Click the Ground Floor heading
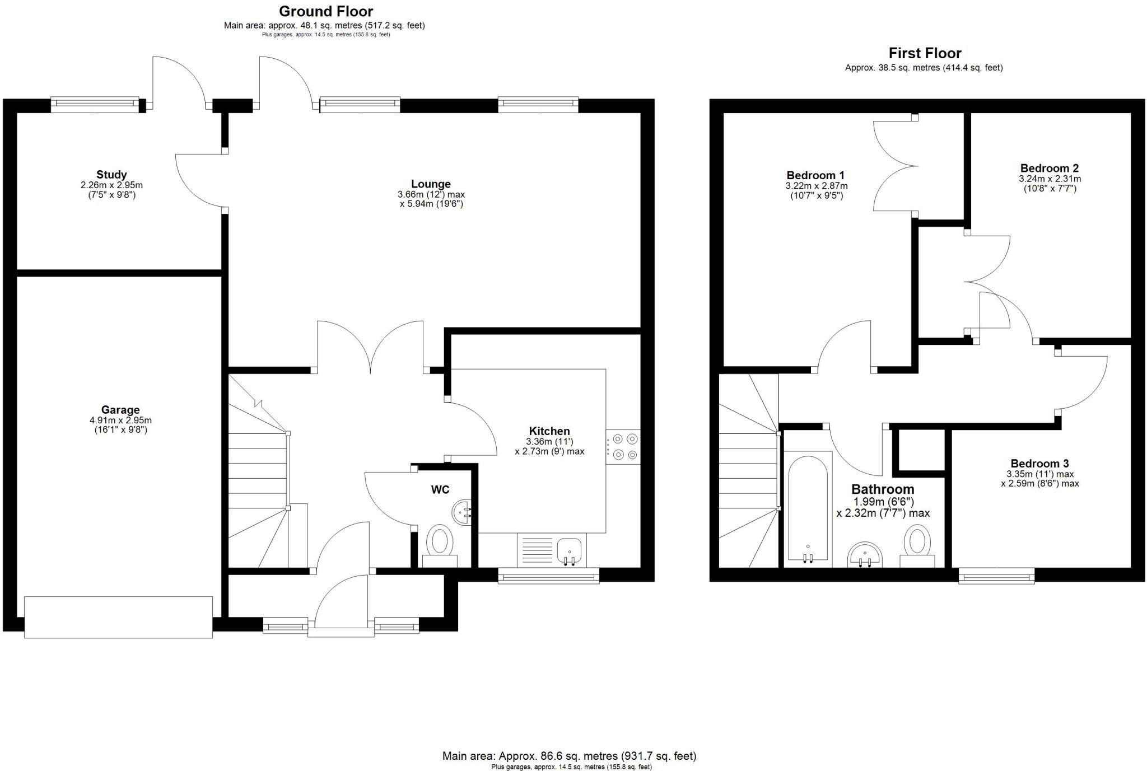pyautogui.click(x=325, y=11)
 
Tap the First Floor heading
pyautogui.click(x=925, y=53)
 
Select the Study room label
pyautogui.click(x=111, y=174)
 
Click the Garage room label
pyautogui.click(x=120, y=410)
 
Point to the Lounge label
pyautogui.click(x=431, y=184)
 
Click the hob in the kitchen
pyautogui.click(x=623, y=446)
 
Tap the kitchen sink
pyautogui.click(x=569, y=550)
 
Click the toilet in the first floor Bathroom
pyautogui.click(x=917, y=546)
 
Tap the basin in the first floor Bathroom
pyautogui.click(x=865, y=554)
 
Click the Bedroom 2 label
pyautogui.click(x=1049, y=168)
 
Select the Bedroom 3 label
pyautogui.click(x=1039, y=463)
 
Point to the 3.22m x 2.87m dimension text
pyautogui.click(x=816, y=186)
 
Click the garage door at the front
pyautogui.click(x=118, y=617)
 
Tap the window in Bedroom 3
pyautogui.click(x=996, y=576)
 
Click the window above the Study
pyautogui.click(x=94, y=103)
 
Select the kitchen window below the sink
pyautogui.click(x=548, y=576)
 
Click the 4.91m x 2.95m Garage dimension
pyautogui.click(x=120, y=420)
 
